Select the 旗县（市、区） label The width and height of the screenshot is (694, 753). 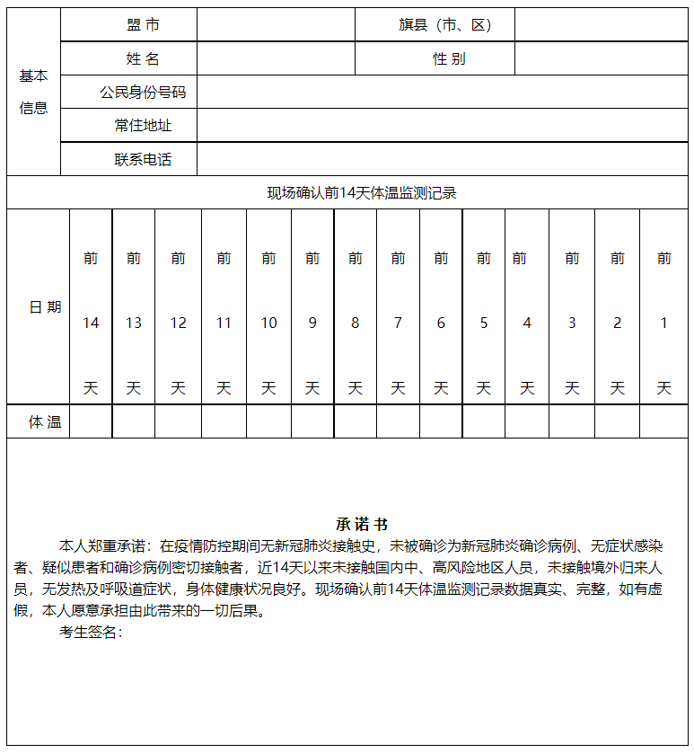pyautogui.click(x=445, y=25)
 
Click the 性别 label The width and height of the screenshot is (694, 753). pyautogui.click(x=449, y=59)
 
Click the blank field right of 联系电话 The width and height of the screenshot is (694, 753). pyautogui.click(x=442, y=159)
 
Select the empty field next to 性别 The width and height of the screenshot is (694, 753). pyautogui.click(x=601, y=59)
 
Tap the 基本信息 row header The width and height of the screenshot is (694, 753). pyautogui.click(x=34, y=92)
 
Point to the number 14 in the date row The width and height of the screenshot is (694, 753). pyautogui.click(x=91, y=323)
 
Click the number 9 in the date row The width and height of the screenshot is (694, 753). pyautogui.click(x=312, y=323)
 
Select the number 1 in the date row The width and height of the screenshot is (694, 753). pyautogui.click(x=663, y=323)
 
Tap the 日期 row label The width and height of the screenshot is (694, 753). pyautogui.click(x=45, y=307)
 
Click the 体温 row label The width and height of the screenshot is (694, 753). pyautogui.click(x=45, y=421)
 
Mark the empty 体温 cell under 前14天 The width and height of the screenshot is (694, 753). pyautogui.click(x=91, y=421)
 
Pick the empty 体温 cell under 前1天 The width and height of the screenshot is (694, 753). pyautogui.click(x=663, y=421)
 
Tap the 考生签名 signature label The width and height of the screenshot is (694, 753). pyautogui.click(x=90, y=633)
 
